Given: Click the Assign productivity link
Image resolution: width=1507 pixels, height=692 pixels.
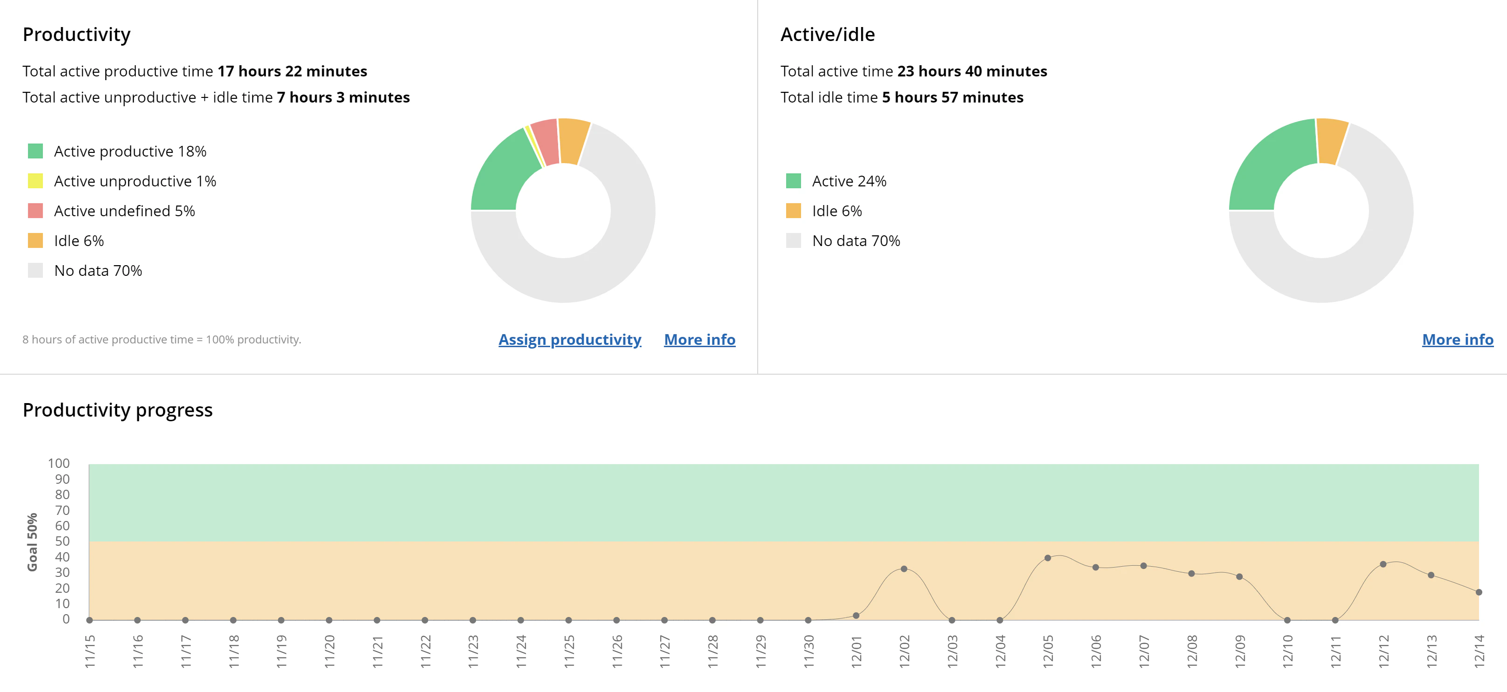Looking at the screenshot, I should click(x=569, y=340).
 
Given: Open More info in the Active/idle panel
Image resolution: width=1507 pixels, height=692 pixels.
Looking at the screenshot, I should click(x=1457, y=340).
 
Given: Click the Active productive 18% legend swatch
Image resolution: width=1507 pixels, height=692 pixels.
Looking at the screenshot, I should click(x=36, y=151).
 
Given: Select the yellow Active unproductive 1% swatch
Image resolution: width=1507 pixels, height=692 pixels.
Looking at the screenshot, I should click(x=36, y=181).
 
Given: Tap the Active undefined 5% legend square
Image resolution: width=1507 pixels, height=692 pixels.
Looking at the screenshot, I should click(x=36, y=211).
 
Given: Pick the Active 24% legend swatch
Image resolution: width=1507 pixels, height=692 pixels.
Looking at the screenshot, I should click(x=793, y=181).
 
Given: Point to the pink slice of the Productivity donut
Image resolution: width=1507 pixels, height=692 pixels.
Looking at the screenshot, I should click(x=545, y=142).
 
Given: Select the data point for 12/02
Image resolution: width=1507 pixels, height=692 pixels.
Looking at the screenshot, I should click(x=904, y=569).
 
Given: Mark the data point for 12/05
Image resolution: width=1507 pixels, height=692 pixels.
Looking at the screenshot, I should click(x=1047, y=558).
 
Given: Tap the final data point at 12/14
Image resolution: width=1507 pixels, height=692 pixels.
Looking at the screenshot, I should click(x=1479, y=592).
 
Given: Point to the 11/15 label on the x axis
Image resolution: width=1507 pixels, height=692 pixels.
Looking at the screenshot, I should click(x=90, y=651).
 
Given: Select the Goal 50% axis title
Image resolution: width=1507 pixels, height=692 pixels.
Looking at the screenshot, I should click(x=32, y=542).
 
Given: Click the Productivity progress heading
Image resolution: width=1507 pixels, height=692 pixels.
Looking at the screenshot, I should click(x=118, y=410).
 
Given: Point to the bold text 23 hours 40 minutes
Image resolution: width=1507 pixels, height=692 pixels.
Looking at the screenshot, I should click(x=972, y=71).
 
